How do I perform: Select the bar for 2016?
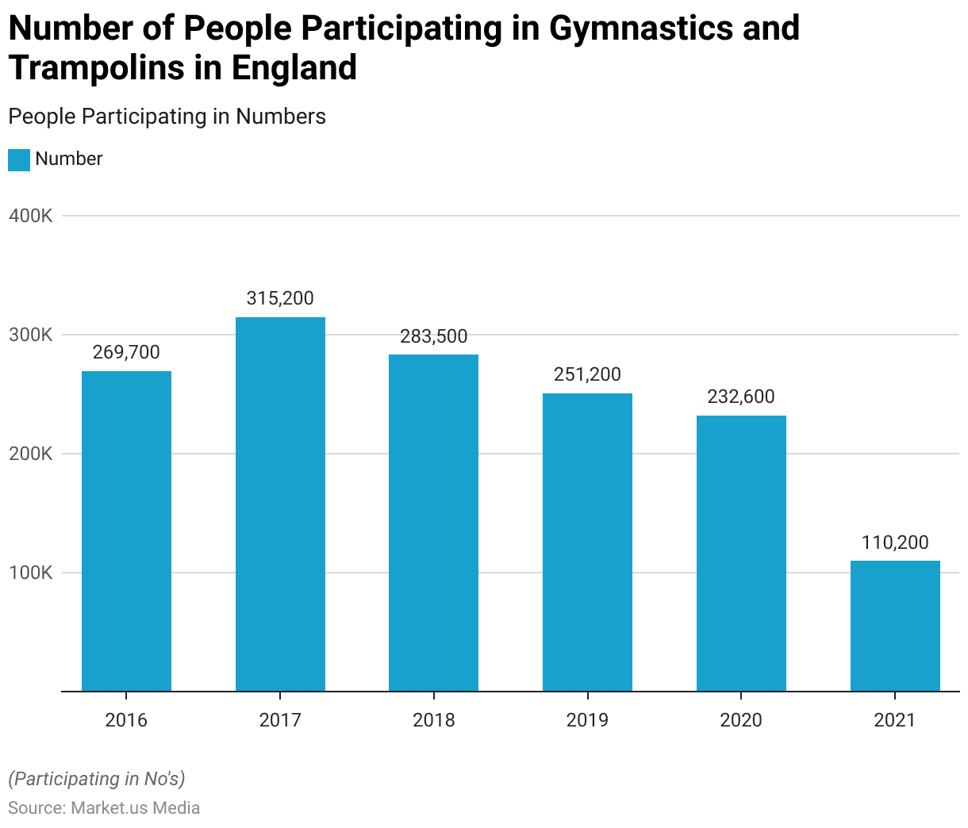126,531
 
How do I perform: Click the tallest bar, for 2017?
280,504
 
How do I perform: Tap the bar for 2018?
433,523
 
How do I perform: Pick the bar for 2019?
587,542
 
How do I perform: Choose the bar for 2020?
741,554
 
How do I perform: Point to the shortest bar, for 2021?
895,627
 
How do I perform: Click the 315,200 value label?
280,299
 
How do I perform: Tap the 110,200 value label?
895,543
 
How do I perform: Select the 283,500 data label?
433,336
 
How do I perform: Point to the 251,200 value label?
587,374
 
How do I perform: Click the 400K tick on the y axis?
31,216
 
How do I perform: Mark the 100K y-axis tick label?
31,573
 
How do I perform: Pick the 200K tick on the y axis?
31,454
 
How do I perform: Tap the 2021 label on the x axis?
894,720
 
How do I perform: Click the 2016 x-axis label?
126,720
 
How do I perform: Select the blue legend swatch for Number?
19,159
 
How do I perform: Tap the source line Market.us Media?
104,808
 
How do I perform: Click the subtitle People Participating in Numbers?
167,117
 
